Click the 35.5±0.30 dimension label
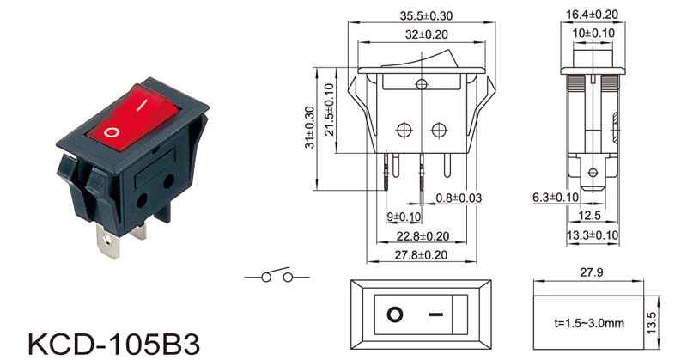click(426, 15)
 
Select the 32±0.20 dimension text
click(426, 34)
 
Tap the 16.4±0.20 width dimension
click(592, 15)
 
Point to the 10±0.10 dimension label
click(593, 33)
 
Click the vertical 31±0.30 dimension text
click(310, 127)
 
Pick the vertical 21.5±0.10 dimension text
click(330, 110)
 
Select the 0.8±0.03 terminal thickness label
click(459, 198)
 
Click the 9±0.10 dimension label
click(404, 217)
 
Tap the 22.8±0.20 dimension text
click(423, 236)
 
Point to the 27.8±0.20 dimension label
click(421, 255)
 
